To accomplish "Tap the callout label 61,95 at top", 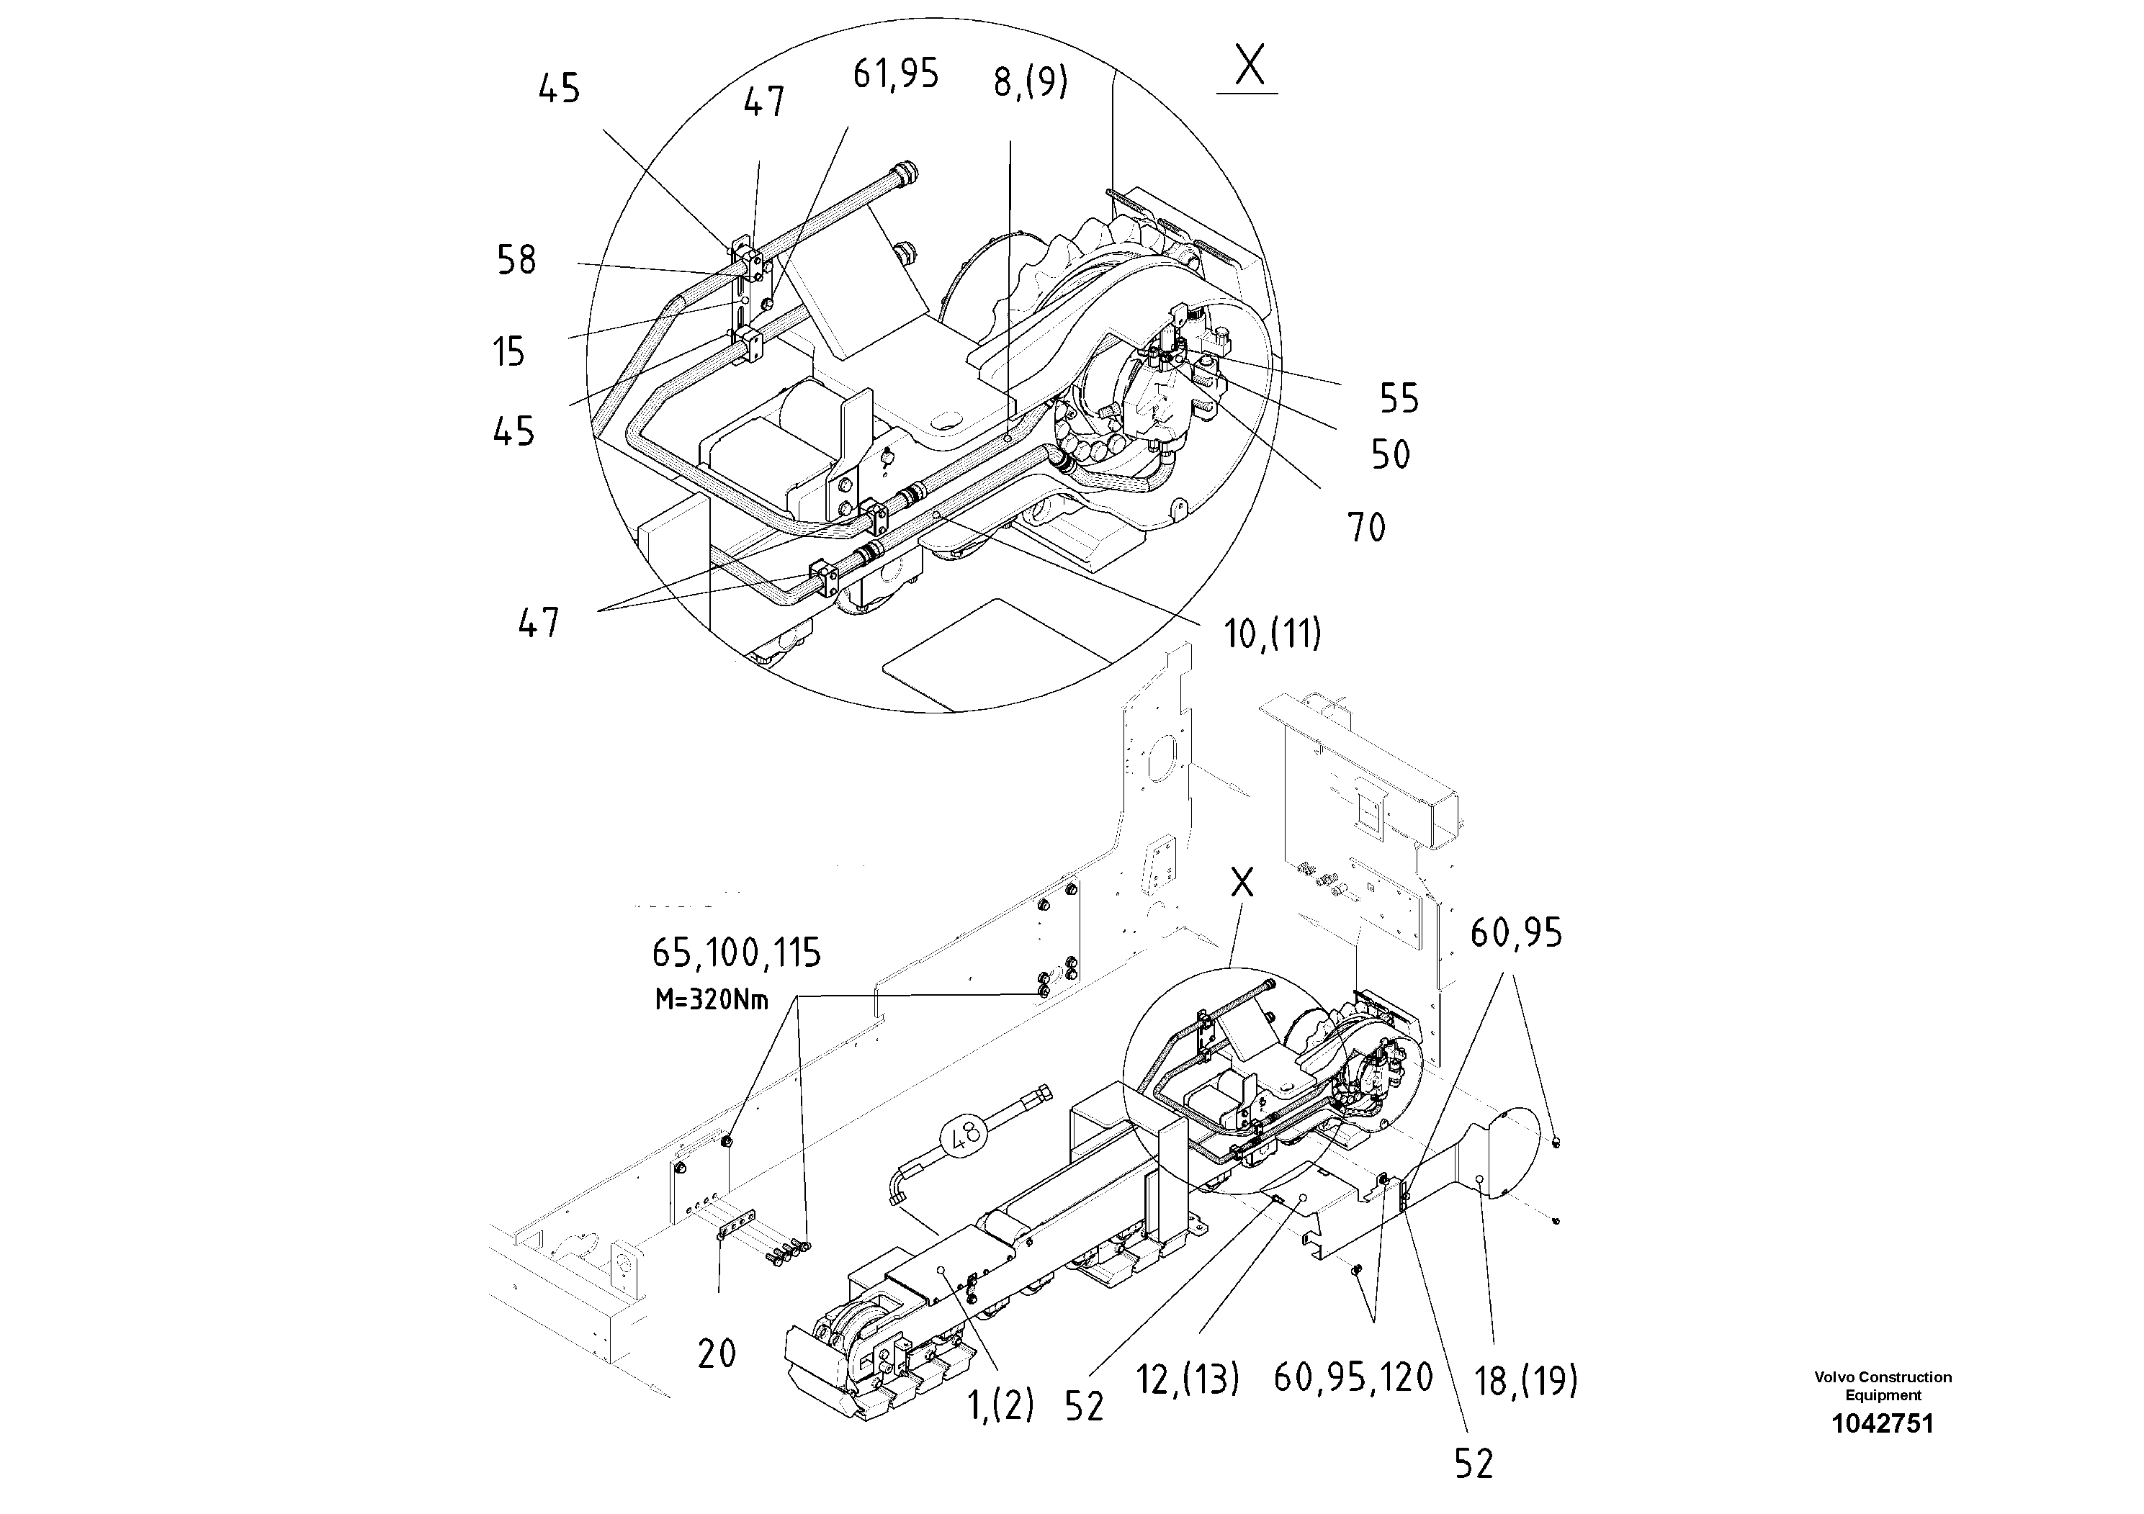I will (894, 73).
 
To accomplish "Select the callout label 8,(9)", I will (1030, 82).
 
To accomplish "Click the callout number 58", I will (516, 261).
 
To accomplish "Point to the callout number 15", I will (509, 353).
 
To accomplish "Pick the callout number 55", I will (1399, 400).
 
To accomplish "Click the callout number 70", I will (1366, 528).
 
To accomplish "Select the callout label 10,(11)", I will (1272, 635).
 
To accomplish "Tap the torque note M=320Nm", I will (712, 1001).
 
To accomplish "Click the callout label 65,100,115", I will (736, 954).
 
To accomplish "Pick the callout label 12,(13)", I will (1187, 1379).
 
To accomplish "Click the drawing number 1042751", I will (1882, 1423).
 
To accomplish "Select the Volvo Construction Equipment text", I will (1882, 1385).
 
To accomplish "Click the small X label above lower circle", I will (1241, 882).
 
